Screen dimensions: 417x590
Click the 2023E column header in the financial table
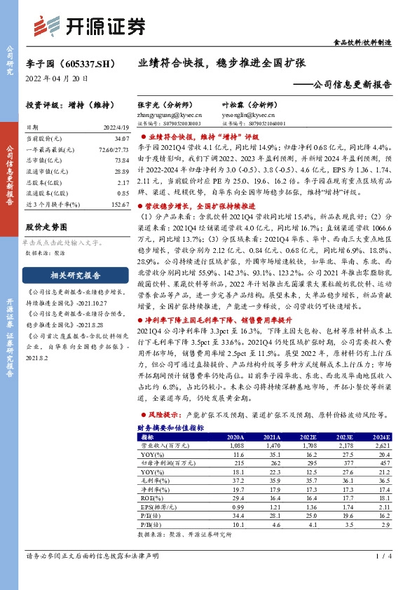pyautogui.click(x=341, y=436)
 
